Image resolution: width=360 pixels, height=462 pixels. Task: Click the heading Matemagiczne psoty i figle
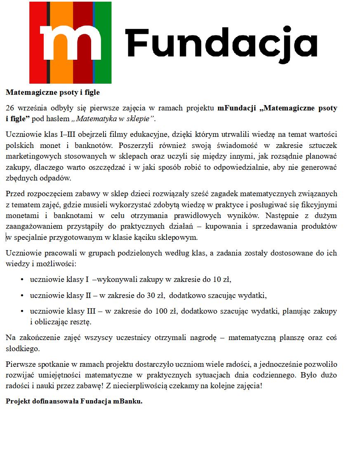click(53, 92)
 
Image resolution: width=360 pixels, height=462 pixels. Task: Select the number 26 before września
click(10, 108)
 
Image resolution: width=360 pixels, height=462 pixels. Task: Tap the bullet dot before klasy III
click(22, 311)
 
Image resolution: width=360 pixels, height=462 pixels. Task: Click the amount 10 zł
click(221, 280)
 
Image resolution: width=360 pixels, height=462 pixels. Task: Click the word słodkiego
click(22, 349)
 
